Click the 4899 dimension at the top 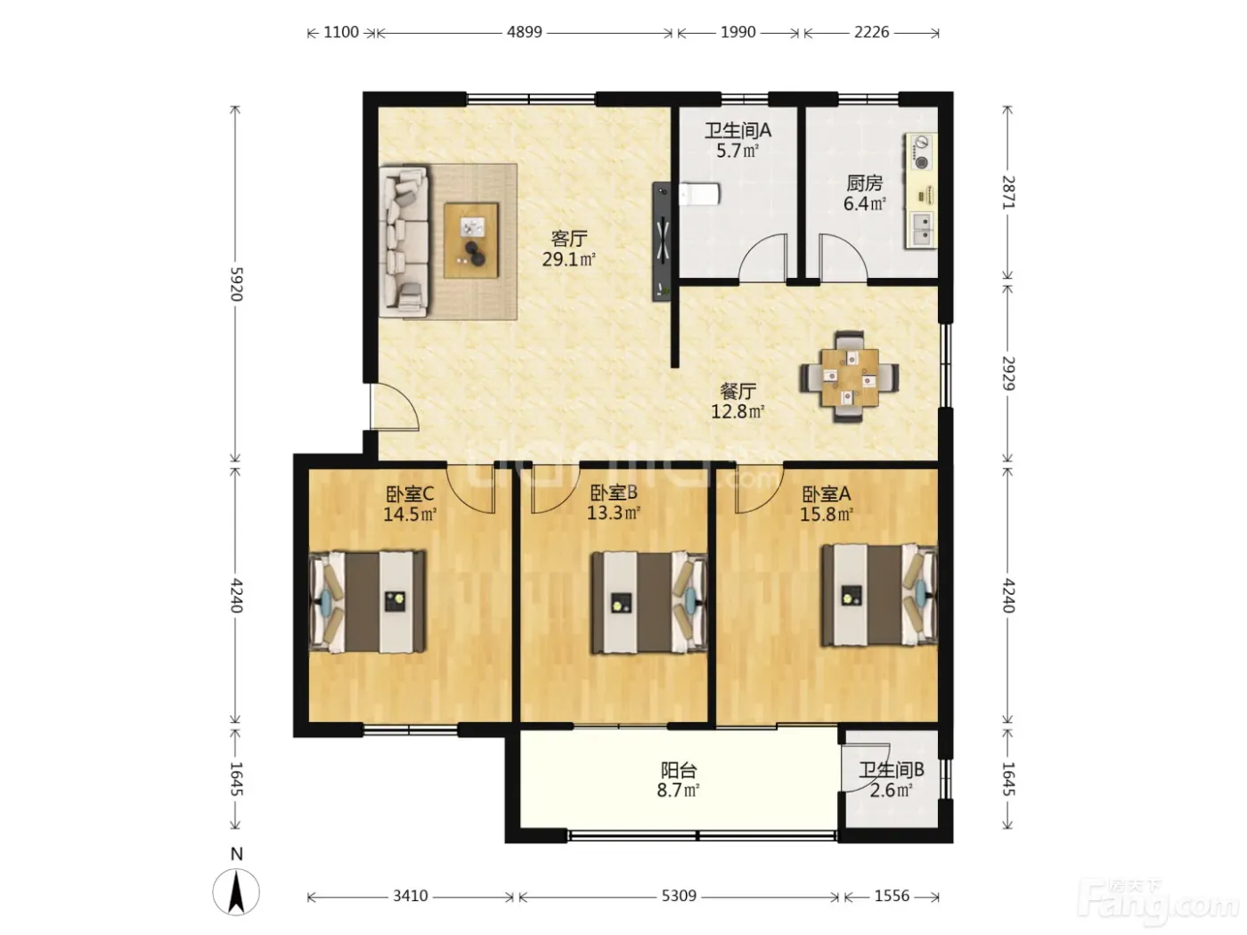(x=524, y=32)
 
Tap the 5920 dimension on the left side (x=236, y=284)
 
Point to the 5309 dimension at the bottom (x=679, y=896)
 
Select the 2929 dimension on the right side (x=1007, y=373)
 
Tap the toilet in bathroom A (x=699, y=194)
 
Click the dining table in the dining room (x=850, y=377)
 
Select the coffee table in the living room (x=471, y=240)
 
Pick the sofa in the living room (x=403, y=241)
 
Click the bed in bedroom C (x=367, y=601)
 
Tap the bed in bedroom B (x=648, y=602)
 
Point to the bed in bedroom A (x=879, y=595)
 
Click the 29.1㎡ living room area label (x=568, y=259)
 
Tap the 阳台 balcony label (x=679, y=770)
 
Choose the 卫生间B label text (x=891, y=769)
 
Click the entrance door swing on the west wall (x=395, y=407)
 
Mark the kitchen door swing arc (x=844, y=257)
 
